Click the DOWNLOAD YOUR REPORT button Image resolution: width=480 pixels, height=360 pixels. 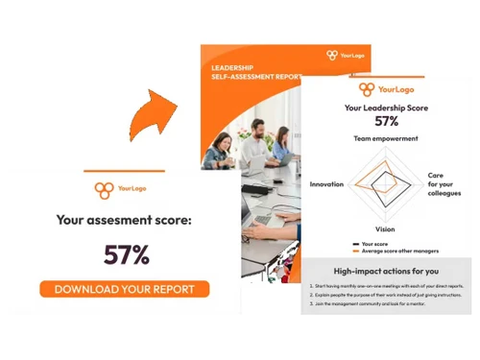coord(124,288)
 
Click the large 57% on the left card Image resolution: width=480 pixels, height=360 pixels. coord(127,254)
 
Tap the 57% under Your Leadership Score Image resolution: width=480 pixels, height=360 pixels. coord(386,122)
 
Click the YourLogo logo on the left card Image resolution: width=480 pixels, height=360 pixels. coord(125,190)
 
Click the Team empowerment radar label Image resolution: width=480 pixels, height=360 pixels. coord(386,139)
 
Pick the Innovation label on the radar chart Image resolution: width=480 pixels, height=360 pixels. coord(326,183)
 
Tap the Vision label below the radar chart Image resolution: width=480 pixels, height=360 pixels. coord(385,230)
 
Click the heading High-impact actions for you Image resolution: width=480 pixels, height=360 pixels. coord(386,273)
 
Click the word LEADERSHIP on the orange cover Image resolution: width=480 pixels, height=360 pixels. coord(232,69)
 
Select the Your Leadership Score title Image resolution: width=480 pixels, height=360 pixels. coord(386,108)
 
